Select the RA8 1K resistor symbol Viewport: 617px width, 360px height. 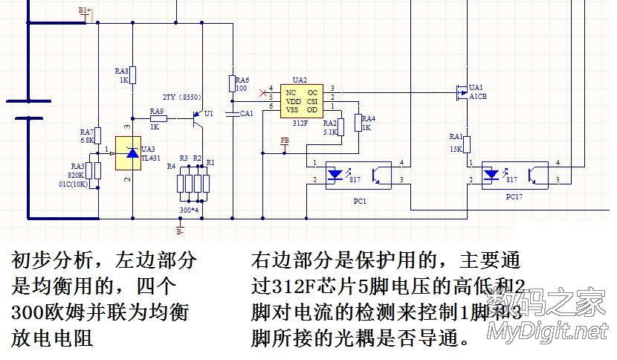click(x=132, y=76)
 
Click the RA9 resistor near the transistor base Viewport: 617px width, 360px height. click(x=158, y=118)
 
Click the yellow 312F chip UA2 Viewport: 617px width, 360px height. click(x=301, y=100)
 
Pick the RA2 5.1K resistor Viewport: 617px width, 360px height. click(x=342, y=127)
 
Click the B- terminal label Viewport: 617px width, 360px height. click(x=180, y=231)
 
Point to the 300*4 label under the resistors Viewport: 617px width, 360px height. click(x=189, y=210)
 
